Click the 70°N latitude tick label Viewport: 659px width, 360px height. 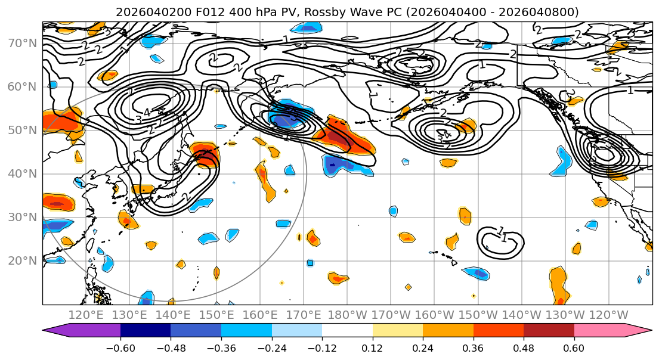[22, 43]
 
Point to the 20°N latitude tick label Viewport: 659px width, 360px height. [22, 260]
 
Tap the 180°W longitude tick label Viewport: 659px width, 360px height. [348, 315]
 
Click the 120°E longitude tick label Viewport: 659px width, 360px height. [86, 315]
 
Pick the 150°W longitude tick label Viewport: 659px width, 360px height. [478, 315]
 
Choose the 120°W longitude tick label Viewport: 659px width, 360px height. [608, 315]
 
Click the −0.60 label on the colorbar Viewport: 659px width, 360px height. [120, 347]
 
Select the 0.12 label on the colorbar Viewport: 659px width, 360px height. [373, 347]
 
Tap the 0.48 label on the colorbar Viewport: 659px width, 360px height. [524, 347]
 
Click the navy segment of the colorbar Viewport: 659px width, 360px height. [146, 331]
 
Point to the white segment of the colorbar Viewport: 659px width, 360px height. [347, 331]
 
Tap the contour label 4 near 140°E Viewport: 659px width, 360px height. [147, 112]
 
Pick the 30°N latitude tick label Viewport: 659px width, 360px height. [22, 217]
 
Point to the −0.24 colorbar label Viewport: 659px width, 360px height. [272, 347]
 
